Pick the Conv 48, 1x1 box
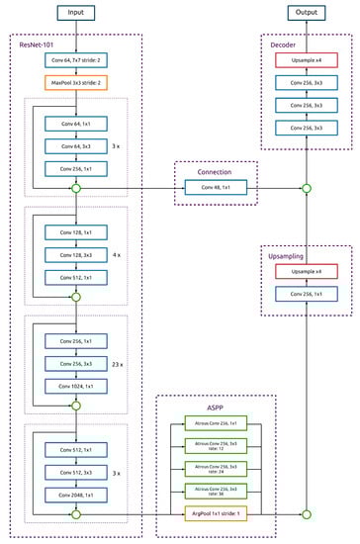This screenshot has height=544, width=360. click(215, 187)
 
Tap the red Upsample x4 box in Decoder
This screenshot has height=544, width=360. click(306, 60)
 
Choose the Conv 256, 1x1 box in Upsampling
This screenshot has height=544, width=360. click(306, 295)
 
